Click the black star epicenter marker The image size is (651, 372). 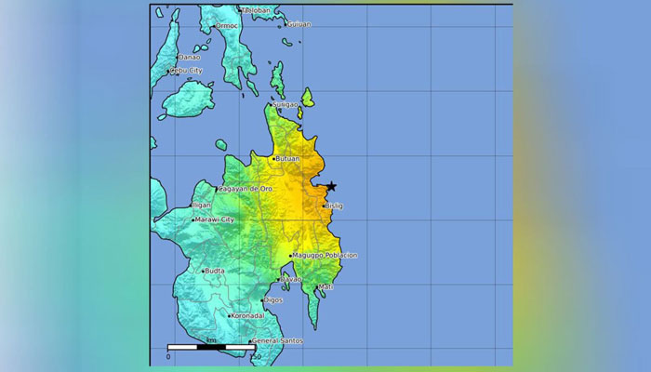(330, 186)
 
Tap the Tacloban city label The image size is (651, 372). (256, 10)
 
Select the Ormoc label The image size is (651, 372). (227, 26)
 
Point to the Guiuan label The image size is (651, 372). (299, 24)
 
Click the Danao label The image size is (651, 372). (190, 57)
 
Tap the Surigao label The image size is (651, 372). (286, 105)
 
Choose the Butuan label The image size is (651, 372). (286, 159)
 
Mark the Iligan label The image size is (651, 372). (201, 205)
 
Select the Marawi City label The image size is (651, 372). (214, 219)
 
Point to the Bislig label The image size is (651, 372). (335, 206)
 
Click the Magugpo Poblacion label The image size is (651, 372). (325, 255)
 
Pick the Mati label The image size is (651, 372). (325, 287)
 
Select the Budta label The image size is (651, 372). (214, 271)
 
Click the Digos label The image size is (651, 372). (273, 300)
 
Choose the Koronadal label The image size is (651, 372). (247, 315)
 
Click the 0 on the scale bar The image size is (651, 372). (168, 356)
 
